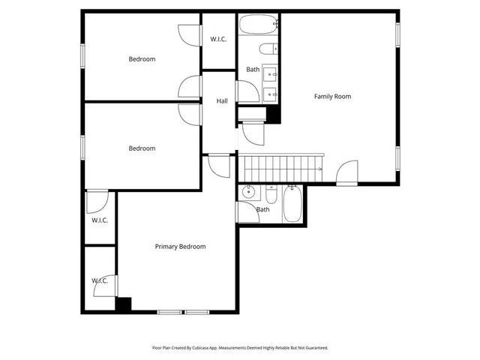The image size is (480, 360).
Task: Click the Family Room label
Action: coord(332,96)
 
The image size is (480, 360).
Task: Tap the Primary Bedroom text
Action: coord(180,246)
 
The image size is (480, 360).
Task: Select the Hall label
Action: coord(222,101)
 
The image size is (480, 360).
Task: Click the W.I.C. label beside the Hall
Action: coord(218,39)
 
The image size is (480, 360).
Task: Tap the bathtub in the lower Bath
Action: coord(292,203)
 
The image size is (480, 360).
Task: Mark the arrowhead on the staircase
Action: coord(320,169)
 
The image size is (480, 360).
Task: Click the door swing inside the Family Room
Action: coord(346,174)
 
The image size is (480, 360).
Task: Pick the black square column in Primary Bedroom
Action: coord(124,304)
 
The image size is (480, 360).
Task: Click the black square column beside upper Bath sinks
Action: coord(273,115)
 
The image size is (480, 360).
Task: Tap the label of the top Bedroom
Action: coord(142,59)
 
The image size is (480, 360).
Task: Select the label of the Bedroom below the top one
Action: coord(142,148)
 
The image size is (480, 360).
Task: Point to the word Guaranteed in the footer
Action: coord(315,348)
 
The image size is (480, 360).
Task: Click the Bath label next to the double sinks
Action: coord(253,70)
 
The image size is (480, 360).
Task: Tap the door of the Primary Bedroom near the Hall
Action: coord(218,166)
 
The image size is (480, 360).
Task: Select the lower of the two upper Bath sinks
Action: coord(270,94)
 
